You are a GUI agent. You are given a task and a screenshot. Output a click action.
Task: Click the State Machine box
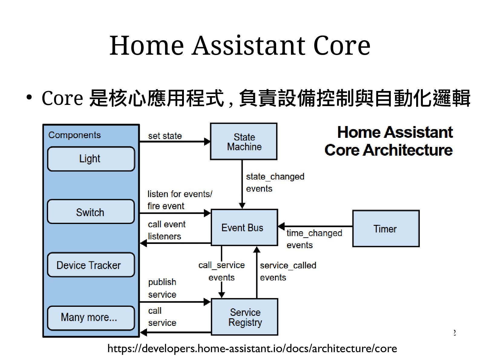(x=243, y=141)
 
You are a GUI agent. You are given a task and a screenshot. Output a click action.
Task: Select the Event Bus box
(x=244, y=227)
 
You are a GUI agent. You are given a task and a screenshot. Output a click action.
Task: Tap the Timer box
(x=386, y=229)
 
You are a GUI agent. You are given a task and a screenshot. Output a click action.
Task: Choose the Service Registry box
(x=244, y=317)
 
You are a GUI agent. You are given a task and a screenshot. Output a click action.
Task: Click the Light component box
(x=91, y=159)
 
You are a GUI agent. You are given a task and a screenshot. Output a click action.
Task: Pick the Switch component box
(x=91, y=212)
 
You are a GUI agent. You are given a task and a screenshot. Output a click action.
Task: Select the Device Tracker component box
(x=91, y=265)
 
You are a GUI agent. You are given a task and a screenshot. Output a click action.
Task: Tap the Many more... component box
(x=91, y=318)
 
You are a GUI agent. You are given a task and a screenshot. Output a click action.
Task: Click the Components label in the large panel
(x=74, y=135)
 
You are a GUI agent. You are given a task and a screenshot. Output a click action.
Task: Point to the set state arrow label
(x=165, y=136)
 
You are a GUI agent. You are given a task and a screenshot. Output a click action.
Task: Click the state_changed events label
(x=275, y=182)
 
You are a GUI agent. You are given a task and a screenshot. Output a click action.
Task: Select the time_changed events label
(x=314, y=239)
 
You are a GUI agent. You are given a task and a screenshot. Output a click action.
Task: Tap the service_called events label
(x=288, y=271)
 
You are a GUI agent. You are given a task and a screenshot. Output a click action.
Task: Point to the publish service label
(x=162, y=288)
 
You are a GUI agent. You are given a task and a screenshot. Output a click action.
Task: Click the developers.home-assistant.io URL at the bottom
(x=252, y=349)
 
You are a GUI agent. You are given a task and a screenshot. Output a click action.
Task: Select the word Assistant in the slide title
(x=249, y=46)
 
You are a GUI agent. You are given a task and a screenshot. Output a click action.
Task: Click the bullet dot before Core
(x=29, y=97)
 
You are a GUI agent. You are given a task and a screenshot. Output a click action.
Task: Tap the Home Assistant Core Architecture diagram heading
(x=389, y=141)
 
